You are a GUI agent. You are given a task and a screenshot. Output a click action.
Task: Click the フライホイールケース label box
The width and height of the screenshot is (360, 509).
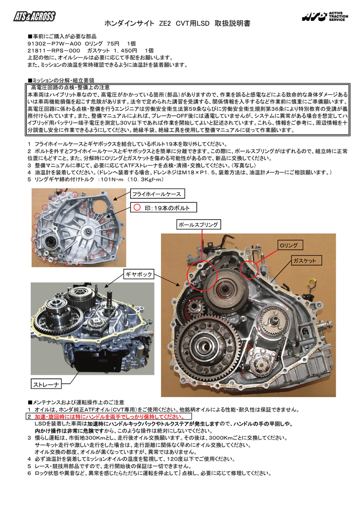156,194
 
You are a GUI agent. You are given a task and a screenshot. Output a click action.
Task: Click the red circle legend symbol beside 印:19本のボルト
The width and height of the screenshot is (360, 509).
137,207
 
